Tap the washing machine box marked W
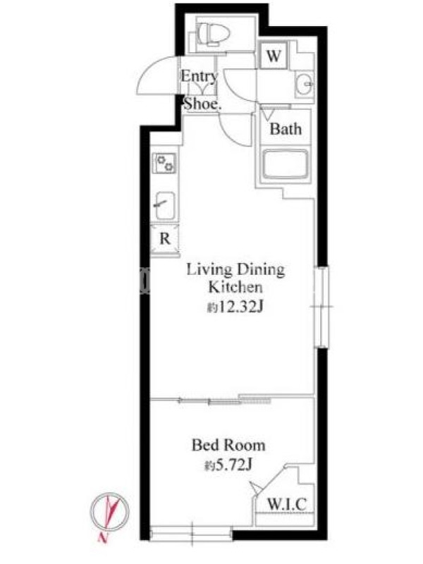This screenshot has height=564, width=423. (x=274, y=56)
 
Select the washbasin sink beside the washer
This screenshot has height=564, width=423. (x=305, y=84)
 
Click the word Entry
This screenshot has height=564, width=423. (x=200, y=76)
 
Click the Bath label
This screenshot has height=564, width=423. (x=286, y=129)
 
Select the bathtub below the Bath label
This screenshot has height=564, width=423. (x=285, y=164)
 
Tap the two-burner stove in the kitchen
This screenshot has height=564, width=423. (x=164, y=163)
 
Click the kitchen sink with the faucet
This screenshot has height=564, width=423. (x=165, y=205)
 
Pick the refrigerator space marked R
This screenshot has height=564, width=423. (x=165, y=239)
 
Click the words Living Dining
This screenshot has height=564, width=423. (x=235, y=270)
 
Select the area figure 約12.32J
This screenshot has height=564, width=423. (x=235, y=307)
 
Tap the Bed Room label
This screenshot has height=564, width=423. (x=228, y=446)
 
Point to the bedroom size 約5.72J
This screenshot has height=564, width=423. (x=228, y=465)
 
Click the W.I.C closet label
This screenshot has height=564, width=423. (x=287, y=503)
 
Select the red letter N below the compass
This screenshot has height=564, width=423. (x=103, y=538)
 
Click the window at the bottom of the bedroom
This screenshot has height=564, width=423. (x=191, y=533)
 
